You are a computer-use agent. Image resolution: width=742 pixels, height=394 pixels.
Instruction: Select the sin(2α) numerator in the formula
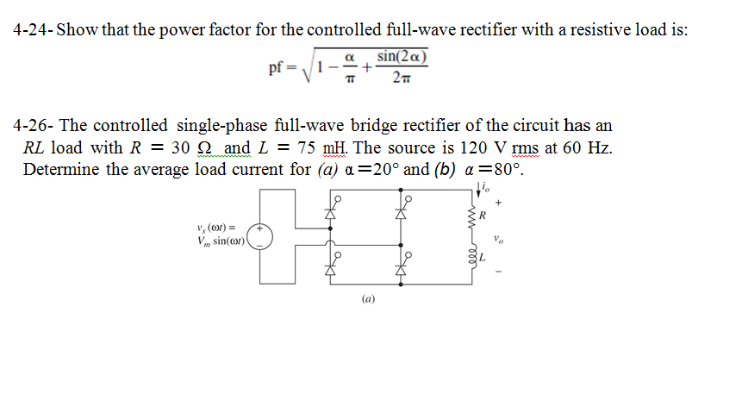coord(403,57)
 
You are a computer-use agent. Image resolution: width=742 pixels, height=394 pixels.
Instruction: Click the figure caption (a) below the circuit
coord(368,301)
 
